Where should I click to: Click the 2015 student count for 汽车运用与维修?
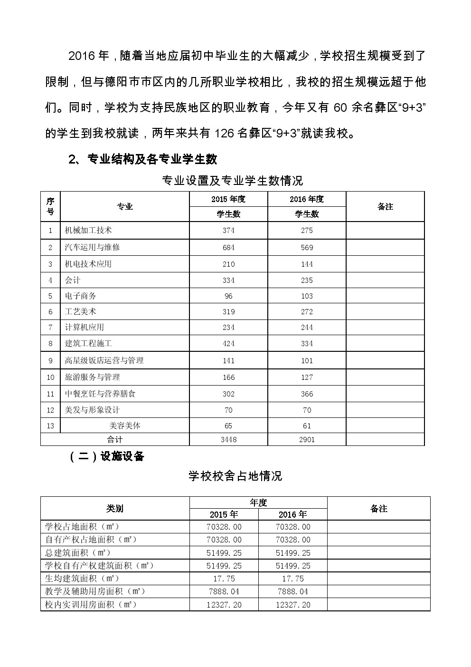228,247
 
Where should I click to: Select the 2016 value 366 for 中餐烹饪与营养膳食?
307,394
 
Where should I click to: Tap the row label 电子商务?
81,296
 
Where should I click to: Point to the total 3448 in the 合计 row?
228,439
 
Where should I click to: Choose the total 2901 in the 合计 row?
307,439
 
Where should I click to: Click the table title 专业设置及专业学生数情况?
233,181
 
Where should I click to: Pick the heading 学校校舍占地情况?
235,476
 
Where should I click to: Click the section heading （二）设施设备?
107,456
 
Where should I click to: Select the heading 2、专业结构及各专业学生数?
143,159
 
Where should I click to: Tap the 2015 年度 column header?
228,199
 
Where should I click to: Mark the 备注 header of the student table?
385,206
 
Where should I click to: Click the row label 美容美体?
125,425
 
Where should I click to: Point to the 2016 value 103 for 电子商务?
307,296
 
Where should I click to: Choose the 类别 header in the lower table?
115,508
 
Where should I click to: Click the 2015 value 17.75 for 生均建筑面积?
224,579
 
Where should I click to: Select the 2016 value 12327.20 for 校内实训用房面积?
293,605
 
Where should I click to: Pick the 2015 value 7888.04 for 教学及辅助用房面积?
224,591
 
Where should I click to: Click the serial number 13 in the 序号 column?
50,425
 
